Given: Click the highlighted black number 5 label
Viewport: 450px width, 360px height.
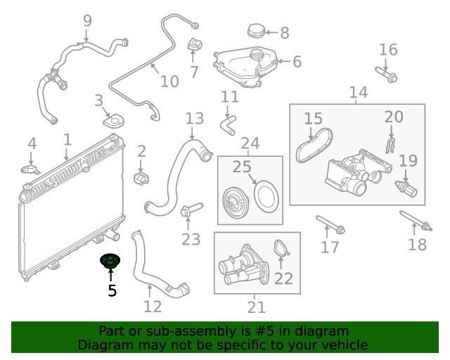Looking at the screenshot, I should pyautogui.click(x=112, y=290).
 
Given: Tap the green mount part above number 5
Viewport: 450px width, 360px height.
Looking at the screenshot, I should pyautogui.click(x=110, y=262).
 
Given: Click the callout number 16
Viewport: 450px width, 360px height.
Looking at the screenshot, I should pyautogui.click(x=388, y=50).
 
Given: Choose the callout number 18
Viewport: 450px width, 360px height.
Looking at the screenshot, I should pyautogui.click(x=417, y=244).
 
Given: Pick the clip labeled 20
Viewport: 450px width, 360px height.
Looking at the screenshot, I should pyautogui.click(x=391, y=144).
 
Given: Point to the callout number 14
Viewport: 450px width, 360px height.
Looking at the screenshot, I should pyautogui.click(x=358, y=92).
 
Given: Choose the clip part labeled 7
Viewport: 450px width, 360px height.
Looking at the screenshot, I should pyautogui.click(x=193, y=46).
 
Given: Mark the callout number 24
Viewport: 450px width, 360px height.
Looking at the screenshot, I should pyautogui.click(x=250, y=144).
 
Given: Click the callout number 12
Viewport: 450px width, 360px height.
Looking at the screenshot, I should pyautogui.click(x=152, y=307).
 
